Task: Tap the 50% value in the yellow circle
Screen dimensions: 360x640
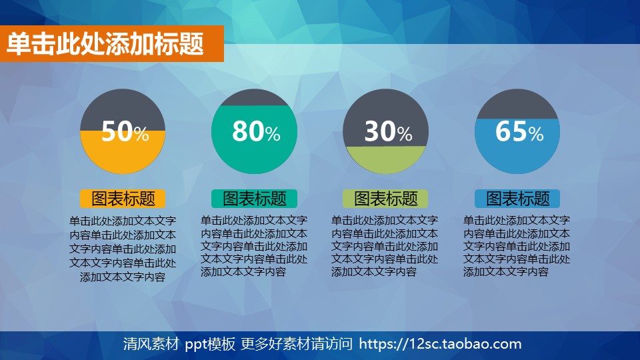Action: (x=125, y=132)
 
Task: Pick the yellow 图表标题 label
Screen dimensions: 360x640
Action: (x=123, y=198)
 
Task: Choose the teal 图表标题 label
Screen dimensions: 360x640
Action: (x=254, y=198)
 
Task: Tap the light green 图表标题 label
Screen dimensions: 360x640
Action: (x=385, y=198)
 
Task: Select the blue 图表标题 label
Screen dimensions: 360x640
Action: (x=517, y=198)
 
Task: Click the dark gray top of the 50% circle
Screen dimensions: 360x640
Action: (x=123, y=107)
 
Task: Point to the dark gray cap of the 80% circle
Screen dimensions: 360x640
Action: (x=254, y=97)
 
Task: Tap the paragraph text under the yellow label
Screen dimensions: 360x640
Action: (x=123, y=249)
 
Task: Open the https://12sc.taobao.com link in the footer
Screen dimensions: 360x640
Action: (x=440, y=344)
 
